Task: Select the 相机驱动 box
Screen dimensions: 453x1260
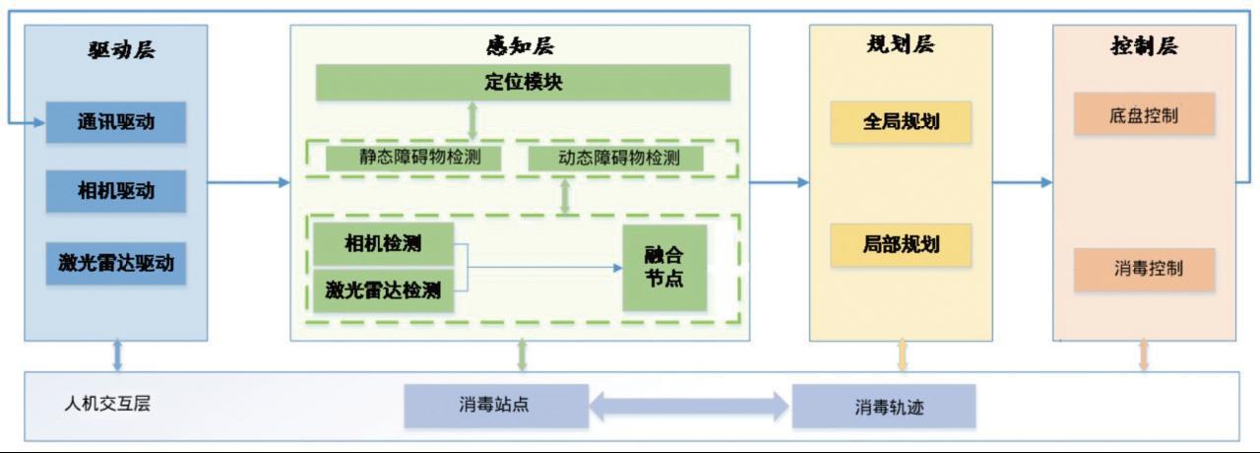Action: pyautogui.click(x=116, y=191)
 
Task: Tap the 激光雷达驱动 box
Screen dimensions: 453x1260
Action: pyautogui.click(x=116, y=263)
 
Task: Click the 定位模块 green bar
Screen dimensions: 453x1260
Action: pyautogui.click(x=523, y=83)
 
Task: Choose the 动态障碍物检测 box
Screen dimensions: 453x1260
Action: pyautogui.click(x=618, y=158)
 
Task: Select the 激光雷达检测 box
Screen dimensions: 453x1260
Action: pyautogui.click(x=384, y=291)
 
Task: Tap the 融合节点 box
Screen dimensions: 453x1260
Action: pyautogui.click(x=664, y=267)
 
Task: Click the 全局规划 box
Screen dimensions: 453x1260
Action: pyautogui.click(x=901, y=122)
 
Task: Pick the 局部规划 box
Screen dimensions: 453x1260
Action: pyautogui.click(x=901, y=245)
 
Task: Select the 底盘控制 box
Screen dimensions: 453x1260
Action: pyautogui.click(x=1144, y=115)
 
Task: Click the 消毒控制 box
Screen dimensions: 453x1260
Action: pyautogui.click(x=1144, y=269)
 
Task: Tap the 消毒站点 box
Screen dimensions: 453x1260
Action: pyautogui.click(x=496, y=405)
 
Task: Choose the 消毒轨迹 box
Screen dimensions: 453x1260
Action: pyautogui.click(x=884, y=406)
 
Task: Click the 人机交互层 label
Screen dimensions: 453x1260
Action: pyautogui.click(x=107, y=403)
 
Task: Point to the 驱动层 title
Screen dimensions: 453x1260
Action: pyautogui.click(x=117, y=49)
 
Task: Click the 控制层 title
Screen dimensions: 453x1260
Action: pyautogui.click(x=1145, y=46)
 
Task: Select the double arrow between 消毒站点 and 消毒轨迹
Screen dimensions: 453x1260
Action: pyautogui.click(x=690, y=405)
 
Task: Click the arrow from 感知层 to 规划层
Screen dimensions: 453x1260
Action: pyautogui.click(x=779, y=182)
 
